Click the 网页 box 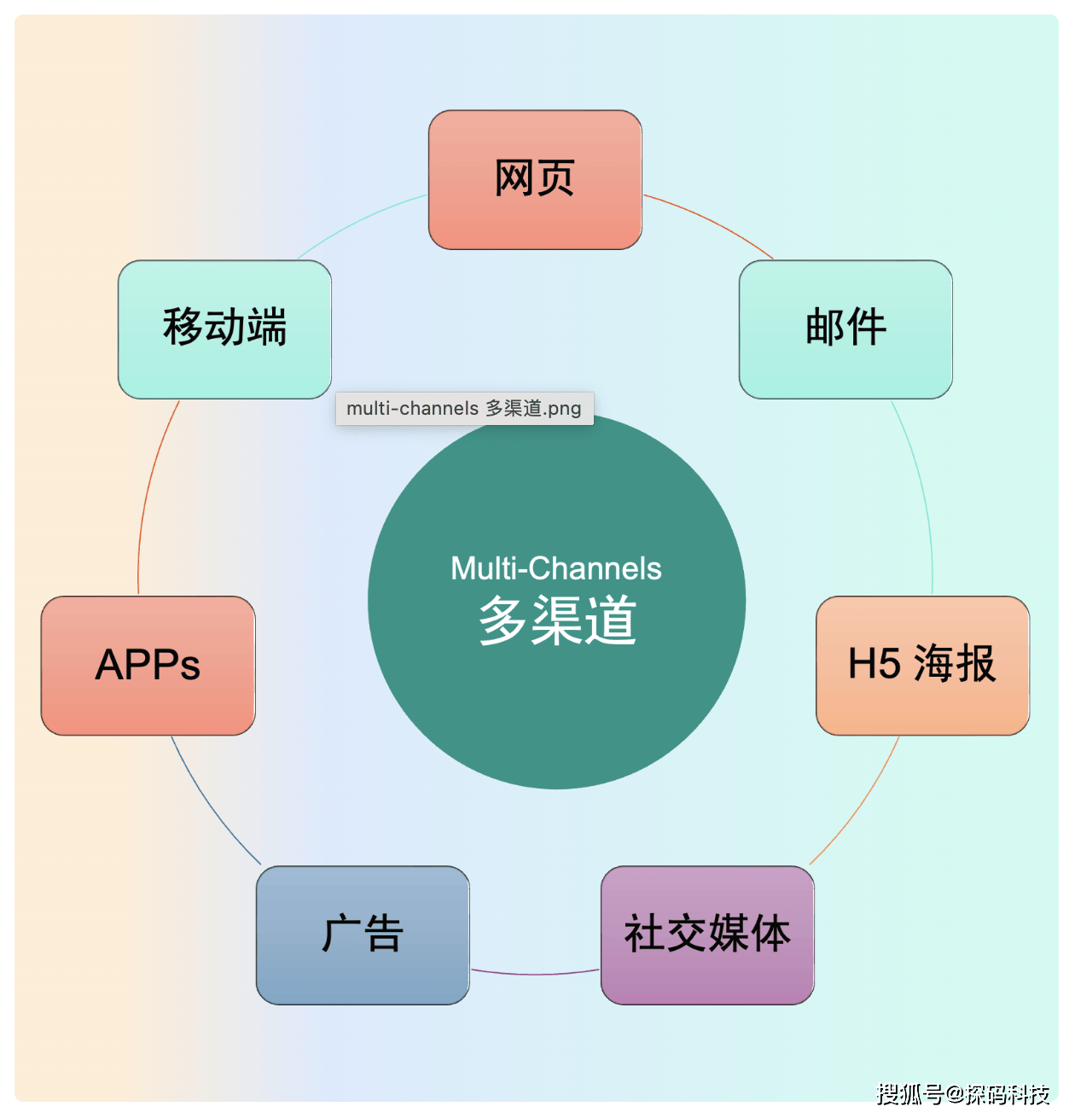pos(535,180)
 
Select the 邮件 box pos(845,329)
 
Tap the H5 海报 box pos(922,666)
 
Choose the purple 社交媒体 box pos(707,935)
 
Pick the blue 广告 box pos(363,935)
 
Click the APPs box pos(148,666)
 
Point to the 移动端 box pos(224,329)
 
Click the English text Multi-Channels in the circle pos(556,568)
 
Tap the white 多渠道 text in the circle pos(557,620)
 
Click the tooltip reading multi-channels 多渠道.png pos(464,408)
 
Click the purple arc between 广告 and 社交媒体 pos(535,974)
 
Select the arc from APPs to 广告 pos(210,806)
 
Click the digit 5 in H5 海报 pos(888,664)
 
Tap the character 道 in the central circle pos(611,620)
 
